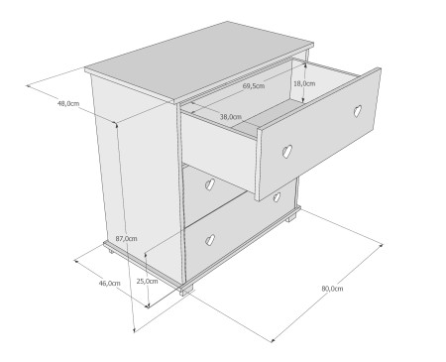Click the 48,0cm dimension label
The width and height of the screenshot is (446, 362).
coord(68,103)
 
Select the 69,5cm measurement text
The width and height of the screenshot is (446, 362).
coord(254,86)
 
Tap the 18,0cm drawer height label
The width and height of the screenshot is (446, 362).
coord(304,83)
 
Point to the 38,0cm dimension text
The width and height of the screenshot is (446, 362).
coord(231,117)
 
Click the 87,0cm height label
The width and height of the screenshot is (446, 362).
coord(127,239)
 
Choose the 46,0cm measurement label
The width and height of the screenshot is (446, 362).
coord(110,284)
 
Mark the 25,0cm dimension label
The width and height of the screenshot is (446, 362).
coord(148,282)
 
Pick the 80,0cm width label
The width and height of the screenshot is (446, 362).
coord(332,289)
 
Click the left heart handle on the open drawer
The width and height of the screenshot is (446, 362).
coord(287,151)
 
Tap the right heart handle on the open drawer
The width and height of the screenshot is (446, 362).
coord(358,111)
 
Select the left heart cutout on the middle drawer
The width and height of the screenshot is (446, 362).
coord(210,184)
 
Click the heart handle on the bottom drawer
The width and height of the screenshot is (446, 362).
coord(210,240)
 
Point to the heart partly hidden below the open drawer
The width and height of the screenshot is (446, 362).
coord(277,197)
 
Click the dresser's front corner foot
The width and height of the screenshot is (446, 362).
coord(186,290)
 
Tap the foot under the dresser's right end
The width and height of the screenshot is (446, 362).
coord(291,218)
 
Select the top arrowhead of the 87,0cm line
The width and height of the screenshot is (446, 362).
coord(116,124)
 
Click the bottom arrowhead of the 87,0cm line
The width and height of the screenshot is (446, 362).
coord(134,330)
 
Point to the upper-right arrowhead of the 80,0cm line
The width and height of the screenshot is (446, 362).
coord(382,245)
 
